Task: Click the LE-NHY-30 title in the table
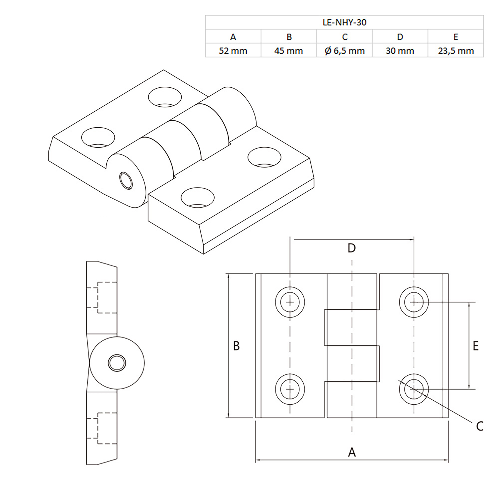(344, 23)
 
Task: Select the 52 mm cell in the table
(233, 51)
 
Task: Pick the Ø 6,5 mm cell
(344, 51)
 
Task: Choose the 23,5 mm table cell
(456, 51)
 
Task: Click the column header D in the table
(400, 37)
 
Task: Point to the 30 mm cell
(400, 51)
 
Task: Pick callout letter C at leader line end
(479, 426)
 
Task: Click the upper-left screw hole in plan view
(290, 302)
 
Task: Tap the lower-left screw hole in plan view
(290, 389)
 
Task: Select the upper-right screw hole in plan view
(414, 302)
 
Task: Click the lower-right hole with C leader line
(414, 389)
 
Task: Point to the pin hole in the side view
(117, 363)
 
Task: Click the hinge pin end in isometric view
(126, 181)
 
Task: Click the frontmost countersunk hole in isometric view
(198, 198)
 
